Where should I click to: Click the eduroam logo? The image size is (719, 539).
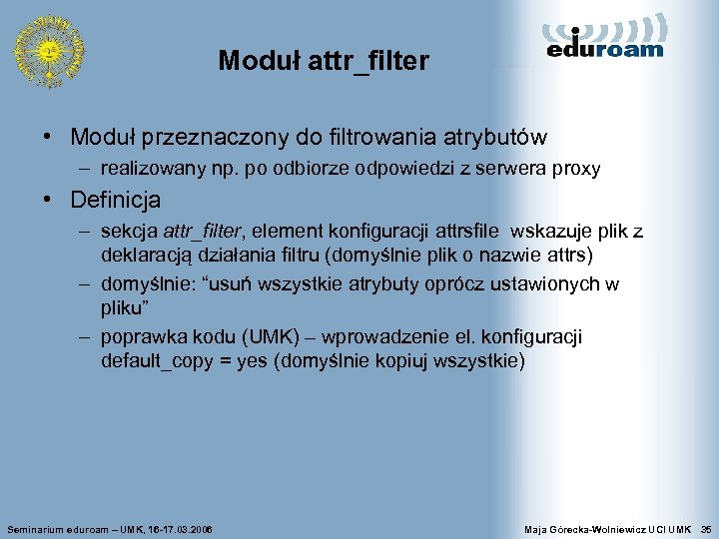tap(605, 38)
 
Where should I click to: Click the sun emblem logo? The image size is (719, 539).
tap(47, 50)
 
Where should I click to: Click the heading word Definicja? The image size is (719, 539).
tap(115, 200)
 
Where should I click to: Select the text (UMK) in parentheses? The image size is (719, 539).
tap(291, 337)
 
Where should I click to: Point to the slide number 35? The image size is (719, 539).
tap(706, 527)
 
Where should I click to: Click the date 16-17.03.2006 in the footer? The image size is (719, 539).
tap(180, 527)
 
